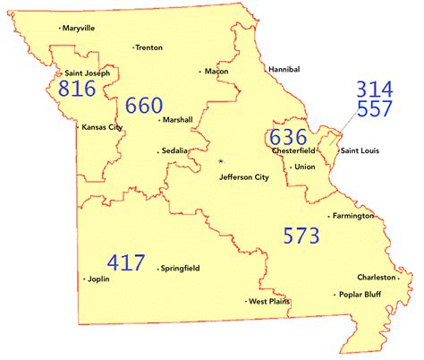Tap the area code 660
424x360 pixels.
tap(144, 107)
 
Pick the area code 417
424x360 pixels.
tap(126, 262)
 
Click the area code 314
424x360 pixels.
tap(374, 90)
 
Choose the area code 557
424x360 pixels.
tap(374, 110)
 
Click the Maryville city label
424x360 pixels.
tap(80, 28)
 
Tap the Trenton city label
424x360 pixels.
tap(149, 47)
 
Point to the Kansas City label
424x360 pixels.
tap(102, 127)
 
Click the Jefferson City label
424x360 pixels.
tap(243, 177)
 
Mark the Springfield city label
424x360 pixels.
tap(182, 268)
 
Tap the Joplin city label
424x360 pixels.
tap(98, 279)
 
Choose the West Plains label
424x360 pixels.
tap(270, 302)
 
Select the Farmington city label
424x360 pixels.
tap(353, 216)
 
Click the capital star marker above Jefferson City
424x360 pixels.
tap(221, 161)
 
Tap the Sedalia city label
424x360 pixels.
tap(174, 150)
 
